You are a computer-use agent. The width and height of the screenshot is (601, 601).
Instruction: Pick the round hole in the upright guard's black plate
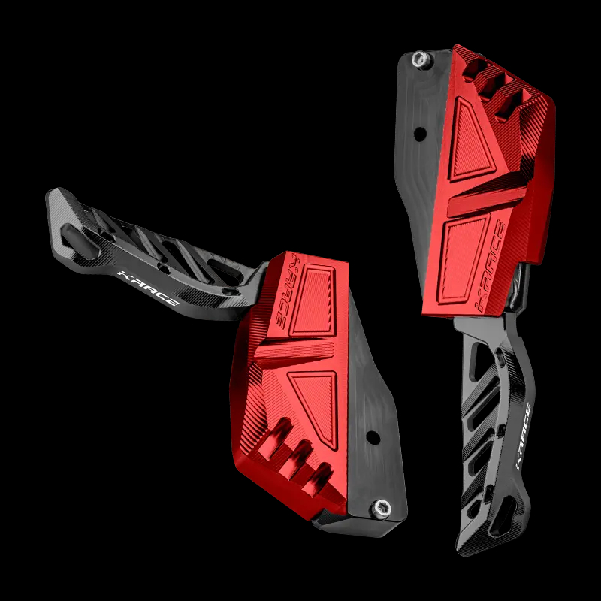(419, 134)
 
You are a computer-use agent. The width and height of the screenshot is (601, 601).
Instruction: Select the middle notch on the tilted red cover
(300, 454)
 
